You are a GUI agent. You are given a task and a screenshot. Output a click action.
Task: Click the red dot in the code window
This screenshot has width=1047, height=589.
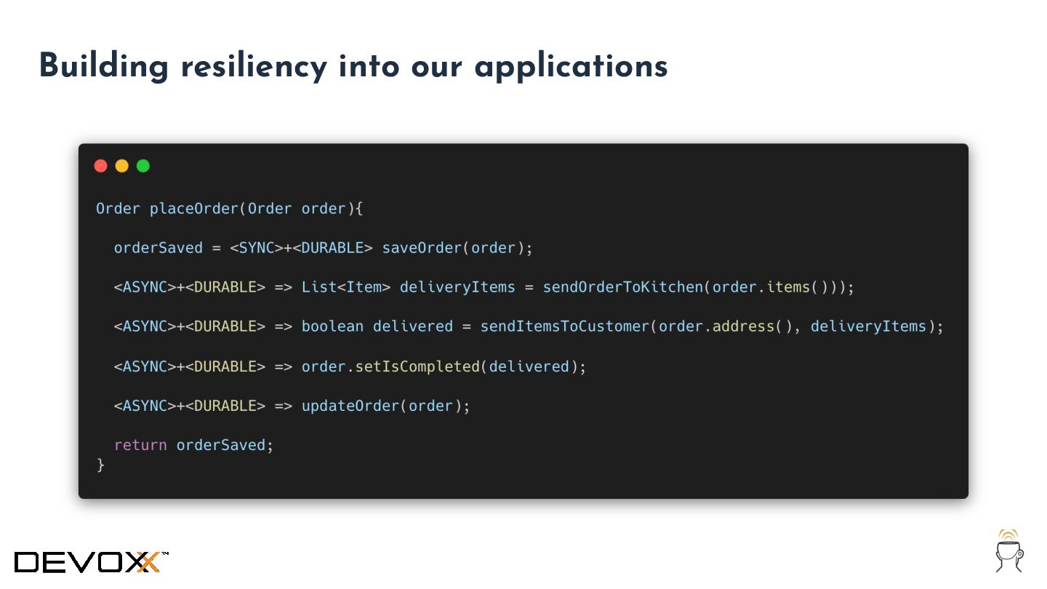(100, 166)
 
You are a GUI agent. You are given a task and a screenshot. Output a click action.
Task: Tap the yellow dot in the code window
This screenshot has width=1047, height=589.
(121, 166)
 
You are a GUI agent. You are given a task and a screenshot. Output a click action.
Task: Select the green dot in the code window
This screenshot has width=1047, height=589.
(143, 166)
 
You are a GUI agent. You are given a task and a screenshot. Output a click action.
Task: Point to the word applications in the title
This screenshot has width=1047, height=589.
(571, 67)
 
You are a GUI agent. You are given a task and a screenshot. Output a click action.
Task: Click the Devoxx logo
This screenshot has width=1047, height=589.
(91, 561)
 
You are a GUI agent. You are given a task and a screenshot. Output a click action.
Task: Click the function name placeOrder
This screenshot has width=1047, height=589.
(194, 209)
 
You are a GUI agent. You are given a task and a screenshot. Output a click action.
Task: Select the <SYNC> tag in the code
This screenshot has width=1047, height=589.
(257, 248)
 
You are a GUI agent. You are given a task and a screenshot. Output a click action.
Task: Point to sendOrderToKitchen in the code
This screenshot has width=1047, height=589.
(622, 287)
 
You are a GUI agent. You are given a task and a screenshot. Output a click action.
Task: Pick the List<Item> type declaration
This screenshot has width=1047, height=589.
(346, 287)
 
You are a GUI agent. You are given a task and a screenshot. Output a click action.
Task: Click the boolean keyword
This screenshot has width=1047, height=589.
(332, 326)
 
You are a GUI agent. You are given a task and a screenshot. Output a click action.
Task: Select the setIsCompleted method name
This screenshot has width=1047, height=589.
(417, 366)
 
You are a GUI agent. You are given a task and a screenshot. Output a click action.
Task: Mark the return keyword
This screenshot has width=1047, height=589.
(140, 445)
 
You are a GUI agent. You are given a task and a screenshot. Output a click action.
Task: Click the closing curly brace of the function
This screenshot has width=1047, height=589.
(101, 465)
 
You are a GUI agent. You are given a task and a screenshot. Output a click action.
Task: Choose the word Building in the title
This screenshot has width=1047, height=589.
(103, 67)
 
